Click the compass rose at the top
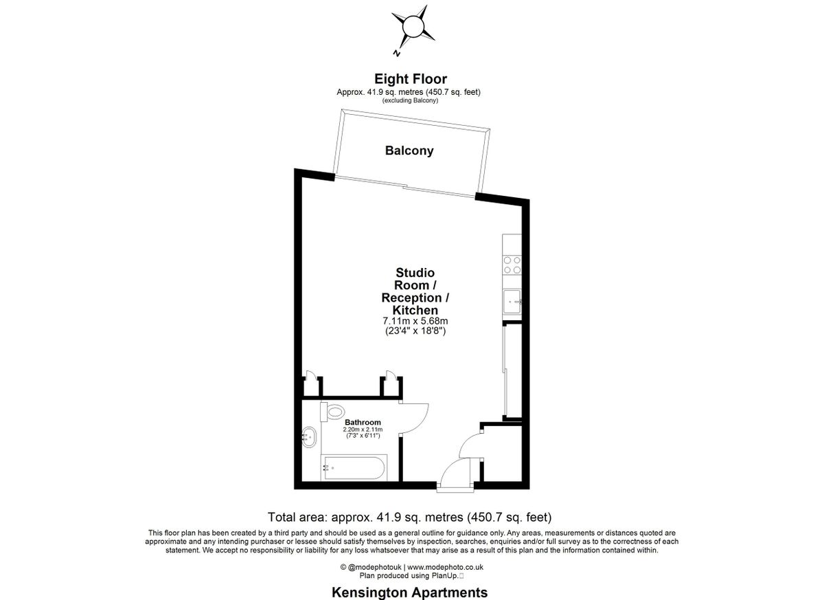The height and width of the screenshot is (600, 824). [413, 27]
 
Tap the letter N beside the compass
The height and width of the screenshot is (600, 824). [396, 53]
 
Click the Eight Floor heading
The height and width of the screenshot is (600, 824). [411, 79]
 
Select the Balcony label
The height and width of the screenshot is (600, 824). [409, 151]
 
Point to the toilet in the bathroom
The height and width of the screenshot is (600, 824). [332, 411]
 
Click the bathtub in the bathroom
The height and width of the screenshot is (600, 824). [354, 467]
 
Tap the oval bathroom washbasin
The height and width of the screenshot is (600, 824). [309, 437]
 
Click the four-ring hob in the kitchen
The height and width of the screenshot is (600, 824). [512, 265]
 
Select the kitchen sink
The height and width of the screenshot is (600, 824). [512, 301]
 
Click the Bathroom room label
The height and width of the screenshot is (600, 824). [363, 422]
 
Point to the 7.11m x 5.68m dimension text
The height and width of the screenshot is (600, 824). [415, 321]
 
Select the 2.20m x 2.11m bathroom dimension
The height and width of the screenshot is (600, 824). [363, 430]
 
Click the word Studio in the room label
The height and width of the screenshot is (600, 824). [415, 273]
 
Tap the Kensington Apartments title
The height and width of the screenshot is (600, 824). [410, 592]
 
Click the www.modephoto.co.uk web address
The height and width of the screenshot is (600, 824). [445, 567]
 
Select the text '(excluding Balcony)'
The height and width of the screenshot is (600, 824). [410, 100]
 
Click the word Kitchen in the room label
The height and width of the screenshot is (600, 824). [415, 310]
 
